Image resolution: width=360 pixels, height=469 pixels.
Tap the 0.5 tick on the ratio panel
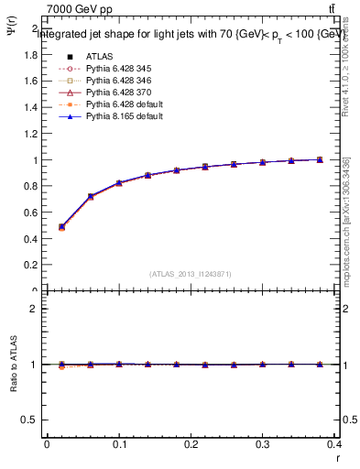click(x=31, y=420)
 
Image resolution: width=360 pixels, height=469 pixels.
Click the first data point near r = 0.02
click(x=61, y=226)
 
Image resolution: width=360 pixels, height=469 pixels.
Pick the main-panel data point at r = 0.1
click(x=119, y=183)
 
